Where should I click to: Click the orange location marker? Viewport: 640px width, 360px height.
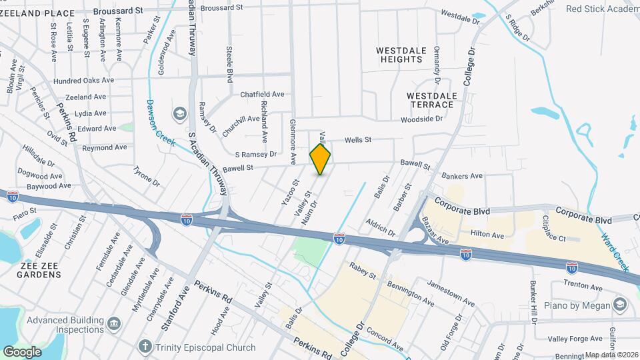pyautogui.click(x=320, y=159)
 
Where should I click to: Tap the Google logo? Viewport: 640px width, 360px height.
pyautogui.click(x=23, y=351)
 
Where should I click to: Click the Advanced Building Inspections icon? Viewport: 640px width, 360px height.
pyautogui.click(x=113, y=323)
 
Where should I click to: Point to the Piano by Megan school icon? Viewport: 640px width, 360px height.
pyautogui.click(x=621, y=305)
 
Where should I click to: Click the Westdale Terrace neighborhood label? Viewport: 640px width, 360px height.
pyautogui.click(x=432, y=101)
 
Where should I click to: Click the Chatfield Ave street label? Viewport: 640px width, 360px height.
pyautogui.click(x=262, y=95)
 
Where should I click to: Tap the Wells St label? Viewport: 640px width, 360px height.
pyautogui.click(x=357, y=140)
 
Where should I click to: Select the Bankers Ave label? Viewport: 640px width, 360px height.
pyautogui.click(x=462, y=176)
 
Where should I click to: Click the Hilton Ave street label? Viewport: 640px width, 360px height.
pyautogui.click(x=487, y=235)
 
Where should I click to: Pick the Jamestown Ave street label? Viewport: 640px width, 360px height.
pyautogui.click(x=451, y=293)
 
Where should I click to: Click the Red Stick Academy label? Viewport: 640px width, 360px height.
pyautogui.click(x=602, y=9)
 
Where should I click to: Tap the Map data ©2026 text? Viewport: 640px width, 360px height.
pyautogui.click(x=609, y=355)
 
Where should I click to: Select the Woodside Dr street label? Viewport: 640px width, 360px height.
pyautogui.click(x=421, y=119)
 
